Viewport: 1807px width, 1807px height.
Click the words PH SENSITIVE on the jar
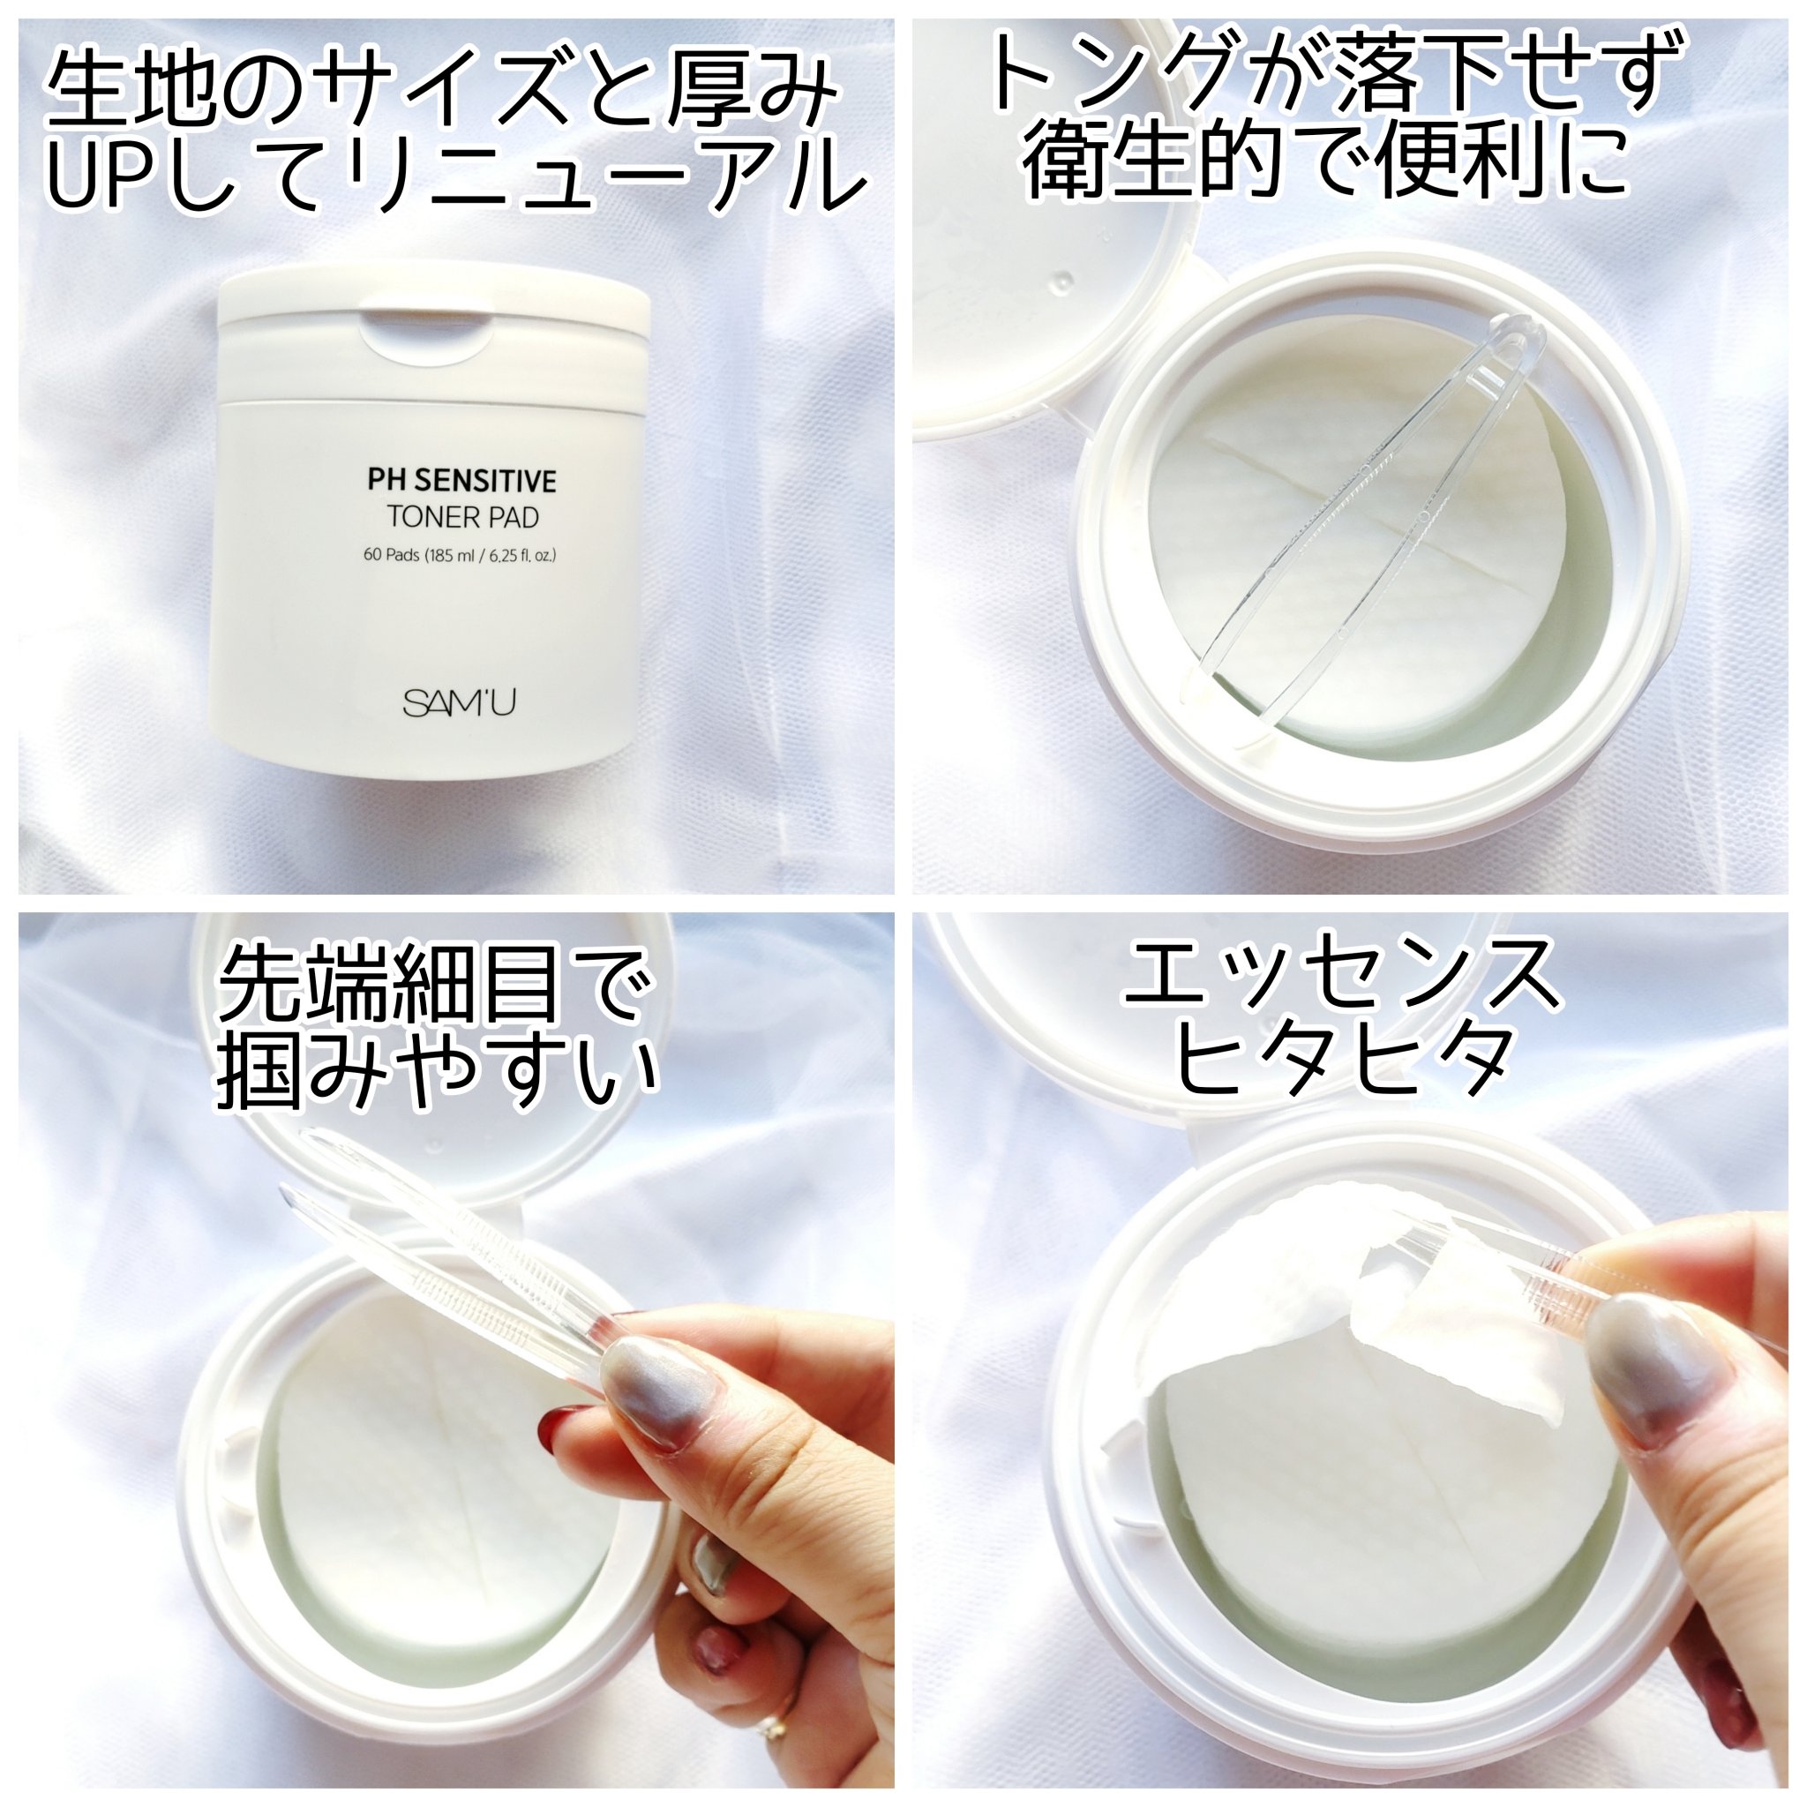pos(461,481)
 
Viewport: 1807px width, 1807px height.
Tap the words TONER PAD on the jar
pos(463,516)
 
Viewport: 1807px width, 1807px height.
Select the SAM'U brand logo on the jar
pos(459,702)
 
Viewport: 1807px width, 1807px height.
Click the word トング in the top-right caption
pos(1113,72)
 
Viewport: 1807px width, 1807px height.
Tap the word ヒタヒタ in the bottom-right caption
pos(1343,1061)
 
